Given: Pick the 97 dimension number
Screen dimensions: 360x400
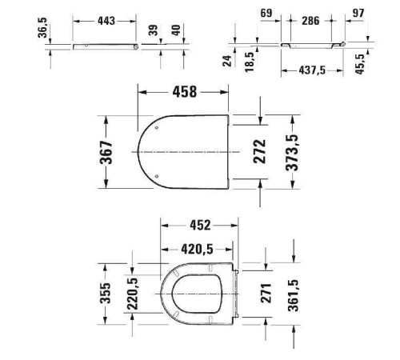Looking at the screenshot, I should click(x=358, y=14).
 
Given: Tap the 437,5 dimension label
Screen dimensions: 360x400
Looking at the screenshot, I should click(x=312, y=70).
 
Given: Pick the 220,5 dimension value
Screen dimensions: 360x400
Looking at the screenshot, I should click(x=132, y=294).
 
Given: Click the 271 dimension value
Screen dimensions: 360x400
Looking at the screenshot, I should click(x=266, y=294).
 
